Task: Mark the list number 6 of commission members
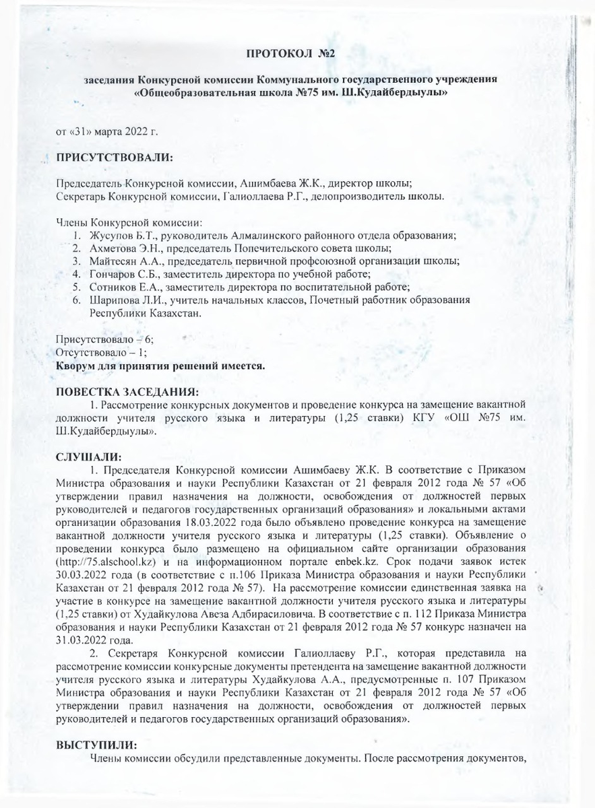pyautogui.click(x=77, y=299)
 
